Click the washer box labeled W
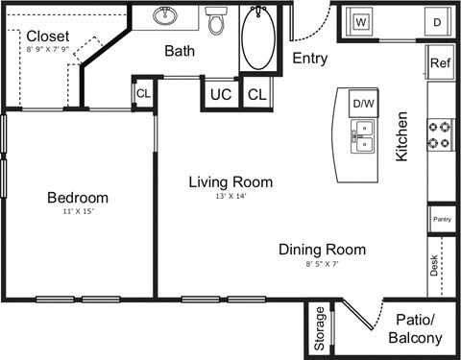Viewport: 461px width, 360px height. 362,21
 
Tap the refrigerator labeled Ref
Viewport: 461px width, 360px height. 441,63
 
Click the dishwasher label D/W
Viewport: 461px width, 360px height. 363,104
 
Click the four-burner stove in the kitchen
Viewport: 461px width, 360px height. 440,134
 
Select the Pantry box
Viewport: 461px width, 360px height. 442,219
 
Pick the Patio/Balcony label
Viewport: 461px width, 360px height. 415,328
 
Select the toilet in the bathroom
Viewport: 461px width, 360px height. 215,19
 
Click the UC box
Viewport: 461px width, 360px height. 220,94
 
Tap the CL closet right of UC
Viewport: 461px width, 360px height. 256,94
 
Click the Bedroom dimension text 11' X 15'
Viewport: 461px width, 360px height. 78,213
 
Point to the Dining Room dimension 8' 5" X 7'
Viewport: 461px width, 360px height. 322,264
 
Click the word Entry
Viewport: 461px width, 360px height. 309,58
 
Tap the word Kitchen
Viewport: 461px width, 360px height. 402,136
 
